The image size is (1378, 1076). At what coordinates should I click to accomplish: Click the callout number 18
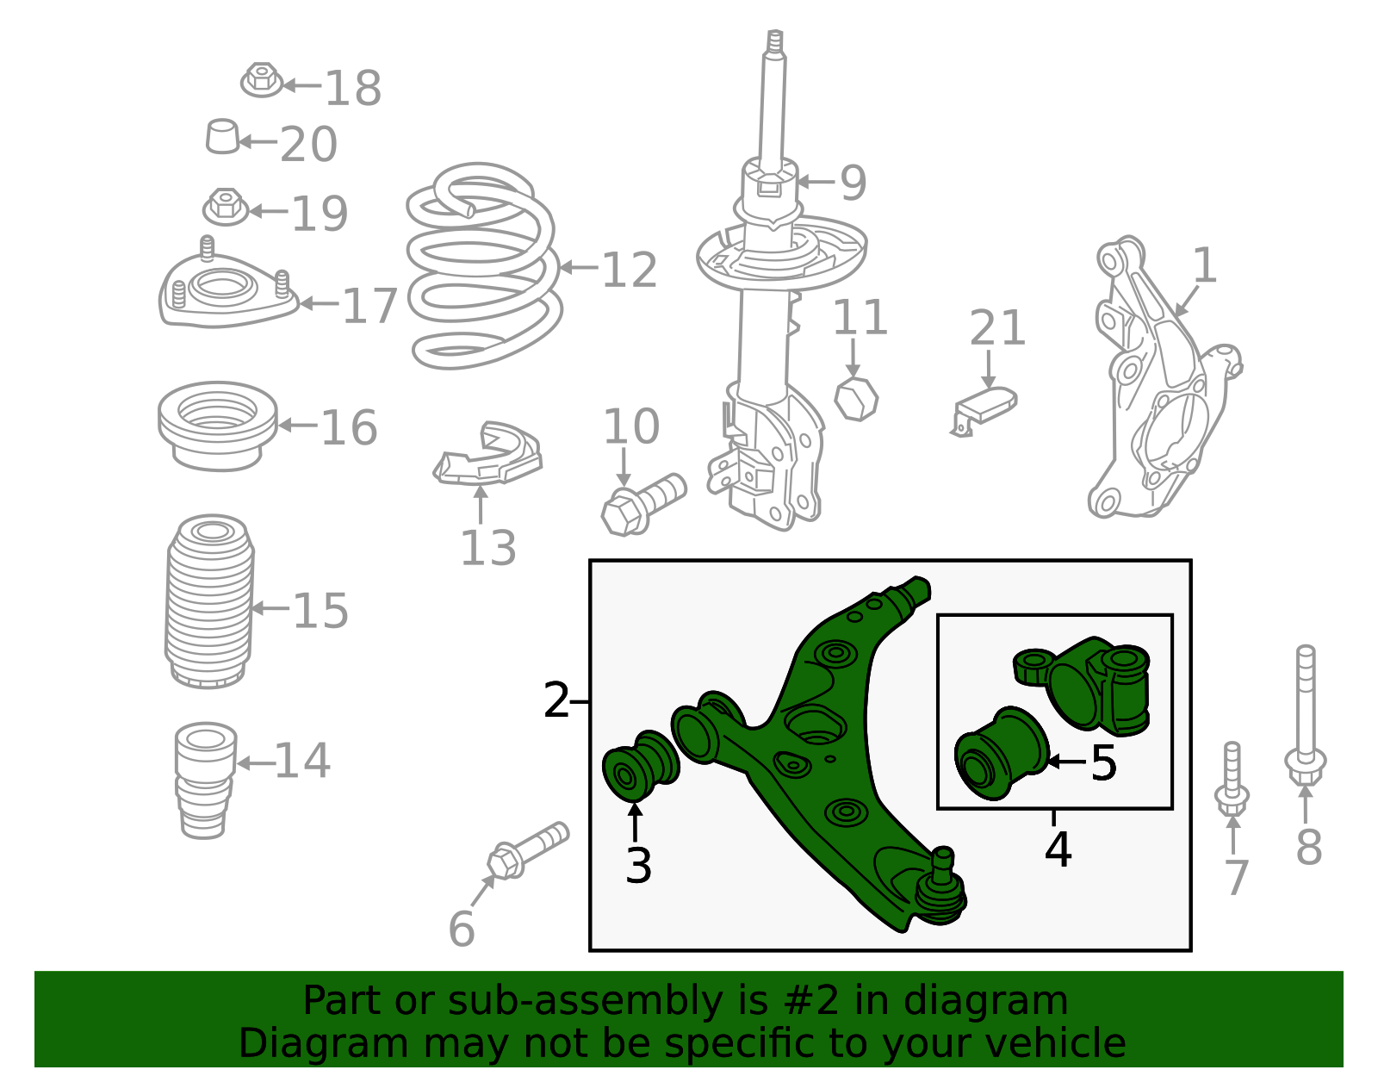[x=353, y=88]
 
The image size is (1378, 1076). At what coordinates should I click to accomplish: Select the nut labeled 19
[x=226, y=207]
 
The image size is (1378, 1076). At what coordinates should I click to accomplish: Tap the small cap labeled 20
[x=222, y=136]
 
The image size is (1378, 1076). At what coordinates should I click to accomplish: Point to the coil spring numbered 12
[x=483, y=266]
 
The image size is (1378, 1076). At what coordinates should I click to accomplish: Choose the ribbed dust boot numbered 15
[x=209, y=601]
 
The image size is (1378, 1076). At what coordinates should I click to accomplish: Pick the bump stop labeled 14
[x=206, y=781]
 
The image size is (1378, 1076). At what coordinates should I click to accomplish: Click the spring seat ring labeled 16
[x=218, y=426]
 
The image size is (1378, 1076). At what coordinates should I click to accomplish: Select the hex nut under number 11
[x=856, y=398]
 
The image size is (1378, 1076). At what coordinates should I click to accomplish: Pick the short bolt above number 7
[x=1232, y=780]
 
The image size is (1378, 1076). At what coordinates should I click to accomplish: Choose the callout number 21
[x=997, y=328]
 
